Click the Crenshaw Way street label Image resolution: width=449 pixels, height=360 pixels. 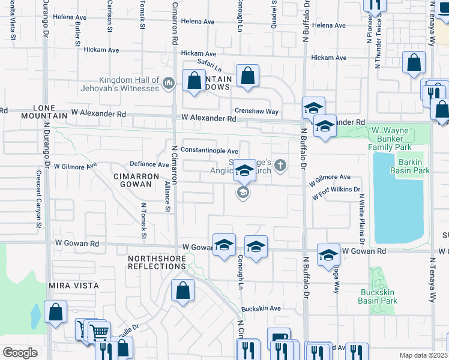[x=256, y=112]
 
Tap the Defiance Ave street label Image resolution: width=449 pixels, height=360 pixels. [x=149, y=164]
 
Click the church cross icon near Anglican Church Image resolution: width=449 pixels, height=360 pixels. [x=280, y=164]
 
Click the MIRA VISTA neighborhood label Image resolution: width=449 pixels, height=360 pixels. [x=74, y=286]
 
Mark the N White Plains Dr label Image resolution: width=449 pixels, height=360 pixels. [x=362, y=214]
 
